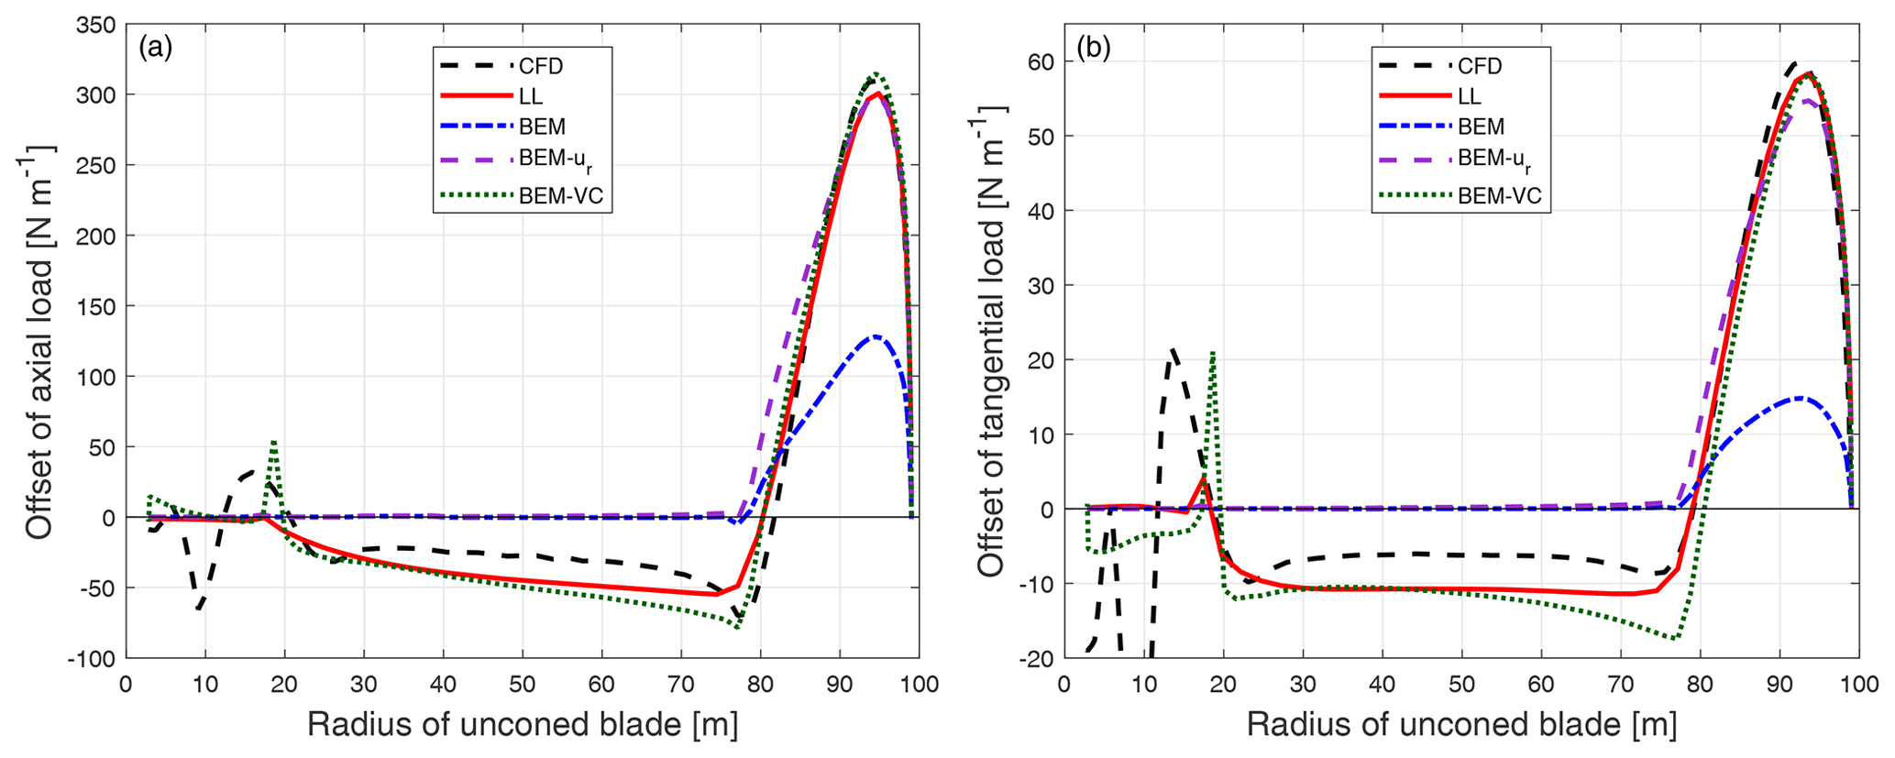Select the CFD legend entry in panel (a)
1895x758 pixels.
pyautogui.click(x=541, y=66)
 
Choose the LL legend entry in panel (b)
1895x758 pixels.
pyautogui.click(x=1469, y=96)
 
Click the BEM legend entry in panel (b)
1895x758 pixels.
pyautogui.click(x=1481, y=126)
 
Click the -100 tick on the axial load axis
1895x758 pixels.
pyautogui.click(x=94, y=658)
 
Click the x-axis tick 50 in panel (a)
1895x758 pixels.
pyautogui.click(x=523, y=685)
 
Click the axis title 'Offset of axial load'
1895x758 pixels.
pyautogui.click(x=39, y=341)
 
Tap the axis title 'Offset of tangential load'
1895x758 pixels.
pyautogui.click(x=991, y=341)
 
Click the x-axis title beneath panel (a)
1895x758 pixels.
pyautogui.click(x=523, y=725)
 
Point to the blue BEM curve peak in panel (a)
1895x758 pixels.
pyautogui.click(x=876, y=336)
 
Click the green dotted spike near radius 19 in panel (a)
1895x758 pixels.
pyautogui.click(x=273, y=442)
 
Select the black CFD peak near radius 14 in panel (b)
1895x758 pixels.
pyautogui.click(x=1173, y=349)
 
